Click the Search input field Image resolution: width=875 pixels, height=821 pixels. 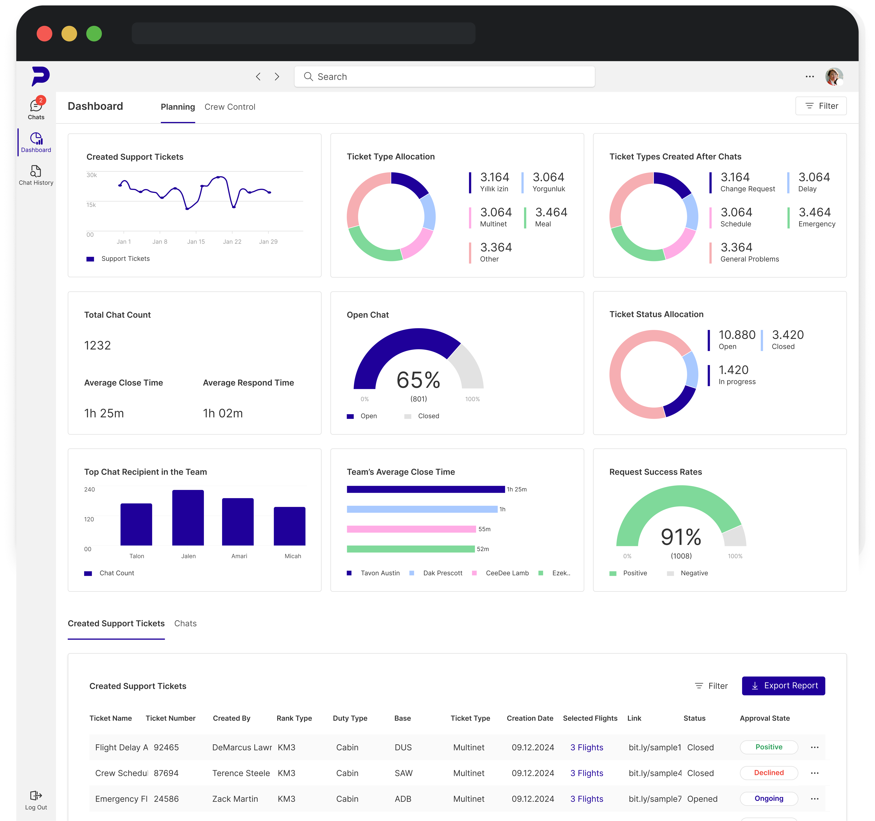(x=445, y=77)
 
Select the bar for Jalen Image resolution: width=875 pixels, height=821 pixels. (x=188, y=518)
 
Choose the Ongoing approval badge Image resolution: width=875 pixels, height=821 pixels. (x=768, y=799)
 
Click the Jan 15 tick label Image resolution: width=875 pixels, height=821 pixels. (x=196, y=242)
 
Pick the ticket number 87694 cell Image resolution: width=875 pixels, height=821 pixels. (x=166, y=773)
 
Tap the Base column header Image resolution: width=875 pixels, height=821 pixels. (x=402, y=718)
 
